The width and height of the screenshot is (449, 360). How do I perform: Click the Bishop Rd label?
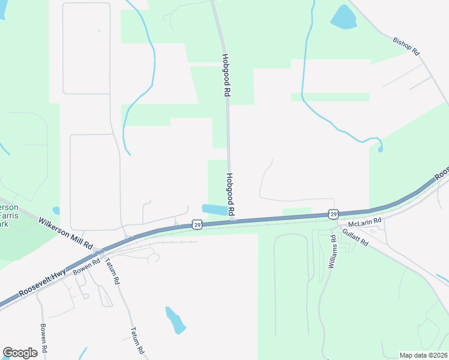406,47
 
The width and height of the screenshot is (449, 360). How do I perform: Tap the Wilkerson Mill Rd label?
65,233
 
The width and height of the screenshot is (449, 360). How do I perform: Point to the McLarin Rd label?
365,222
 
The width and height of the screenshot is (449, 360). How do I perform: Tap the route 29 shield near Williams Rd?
333,214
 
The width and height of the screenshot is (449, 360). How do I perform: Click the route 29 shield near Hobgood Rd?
197,224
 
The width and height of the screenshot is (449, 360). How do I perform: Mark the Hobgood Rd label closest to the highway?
231,195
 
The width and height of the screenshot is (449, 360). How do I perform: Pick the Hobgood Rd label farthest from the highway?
226,76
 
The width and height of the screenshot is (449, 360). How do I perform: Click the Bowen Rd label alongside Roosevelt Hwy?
86,268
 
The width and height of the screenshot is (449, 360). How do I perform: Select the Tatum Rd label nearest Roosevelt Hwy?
113,271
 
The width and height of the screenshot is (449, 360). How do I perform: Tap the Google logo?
20,353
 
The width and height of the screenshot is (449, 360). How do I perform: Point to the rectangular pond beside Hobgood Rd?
215,210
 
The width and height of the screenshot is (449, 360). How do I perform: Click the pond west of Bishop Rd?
343,17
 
